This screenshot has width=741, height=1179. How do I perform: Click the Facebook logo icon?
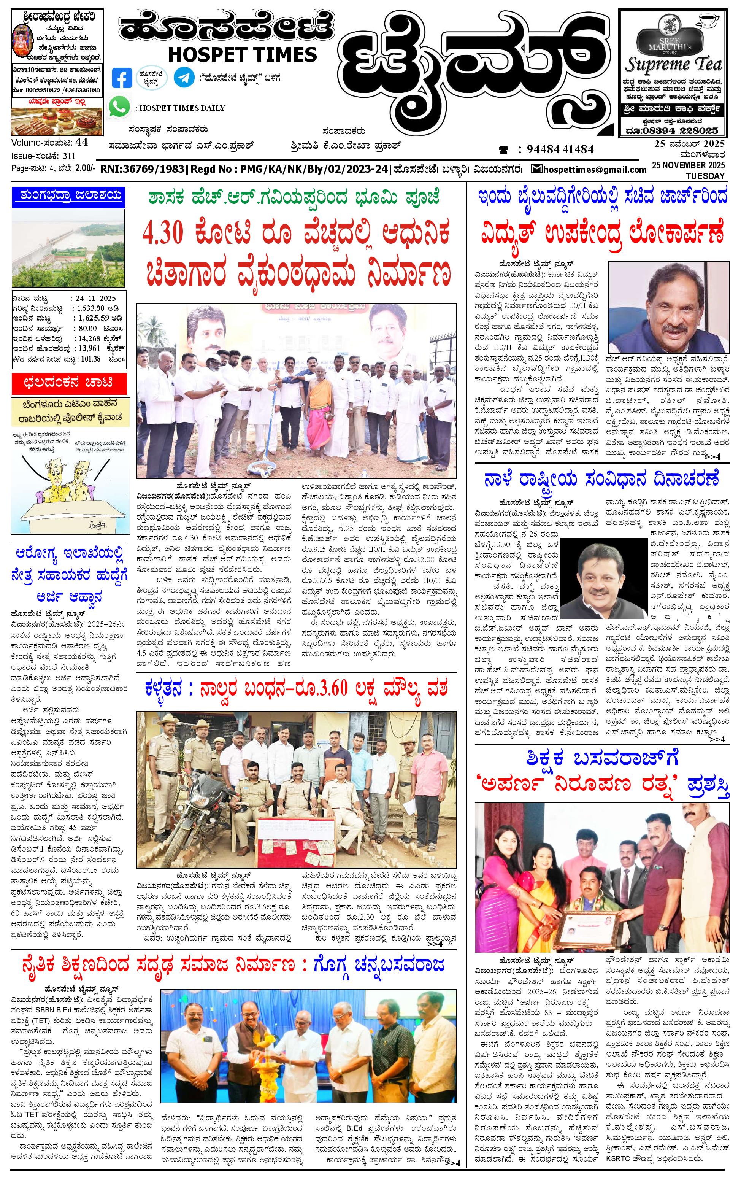click(122, 78)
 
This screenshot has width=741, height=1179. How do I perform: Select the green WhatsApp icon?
click(120, 107)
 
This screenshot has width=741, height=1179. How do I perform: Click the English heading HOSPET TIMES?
click(242, 54)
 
